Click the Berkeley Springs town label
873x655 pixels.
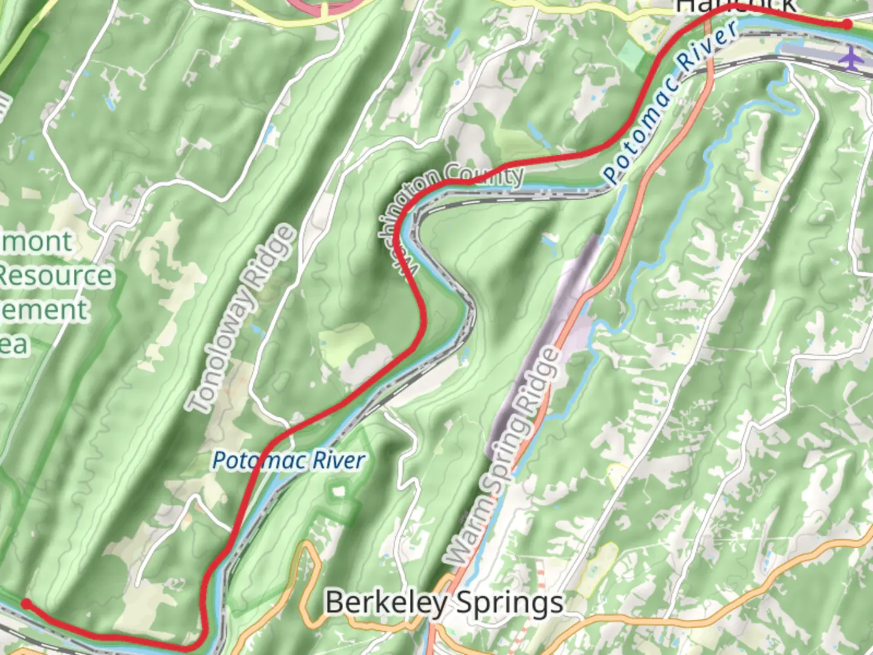(444, 603)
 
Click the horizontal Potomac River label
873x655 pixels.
(289, 461)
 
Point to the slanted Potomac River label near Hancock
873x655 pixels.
(671, 100)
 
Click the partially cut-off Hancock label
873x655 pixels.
(735, 6)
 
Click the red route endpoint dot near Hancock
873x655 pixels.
(847, 24)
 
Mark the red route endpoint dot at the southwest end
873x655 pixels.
(26, 603)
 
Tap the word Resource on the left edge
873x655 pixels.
(56, 276)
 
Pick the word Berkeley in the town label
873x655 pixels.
(386, 603)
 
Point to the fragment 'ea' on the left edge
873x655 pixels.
(13, 344)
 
